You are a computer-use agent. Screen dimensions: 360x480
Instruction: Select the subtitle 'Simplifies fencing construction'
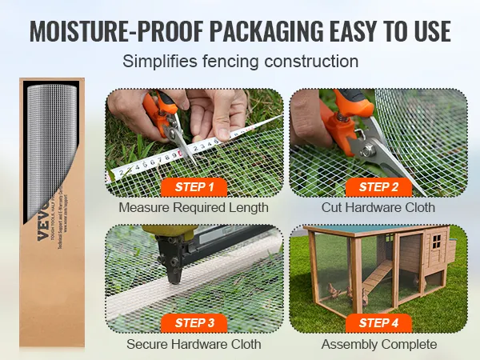(x=240, y=61)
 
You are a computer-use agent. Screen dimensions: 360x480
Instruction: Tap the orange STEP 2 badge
(x=378, y=187)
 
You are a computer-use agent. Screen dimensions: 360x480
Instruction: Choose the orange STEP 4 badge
(x=378, y=323)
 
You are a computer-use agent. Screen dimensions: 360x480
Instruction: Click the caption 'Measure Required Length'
(x=194, y=208)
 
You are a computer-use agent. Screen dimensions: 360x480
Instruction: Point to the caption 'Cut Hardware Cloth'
(x=378, y=208)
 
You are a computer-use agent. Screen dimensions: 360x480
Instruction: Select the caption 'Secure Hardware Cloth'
(x=194, y=344)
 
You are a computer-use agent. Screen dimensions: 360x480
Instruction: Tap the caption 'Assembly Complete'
(x=378, y=344)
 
